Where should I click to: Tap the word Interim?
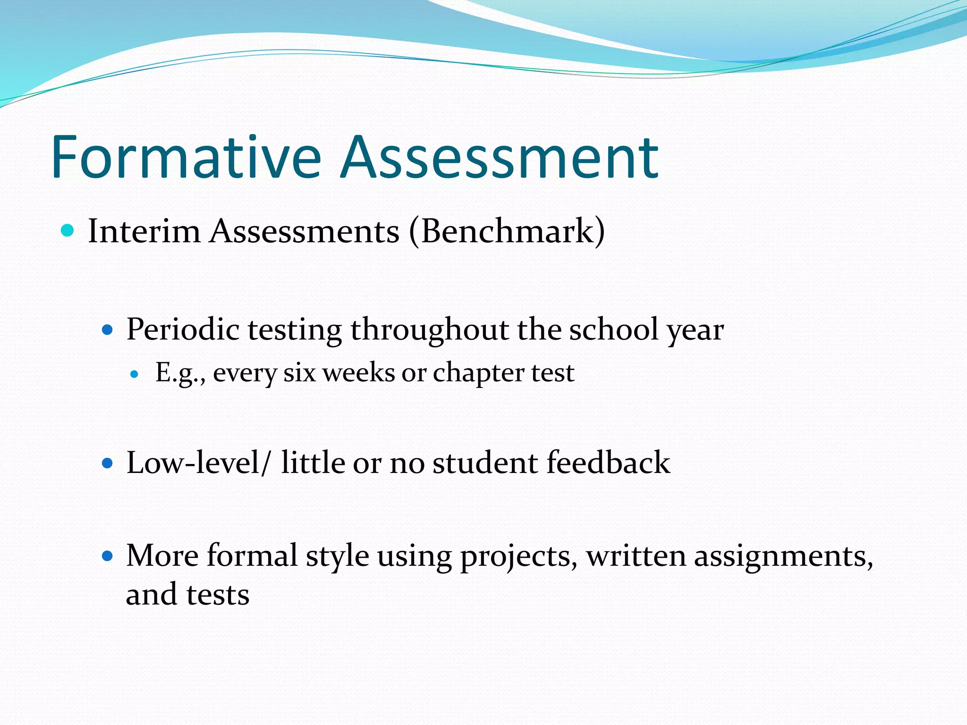point(144,231)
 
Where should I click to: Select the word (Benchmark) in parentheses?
point(507,231)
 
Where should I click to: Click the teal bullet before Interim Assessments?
point(68,230)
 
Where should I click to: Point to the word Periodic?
point(183,329)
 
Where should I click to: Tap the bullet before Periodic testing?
point(108,329)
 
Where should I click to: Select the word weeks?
point(358,372)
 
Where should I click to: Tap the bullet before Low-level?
point(108,463)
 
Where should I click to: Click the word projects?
point(518,556)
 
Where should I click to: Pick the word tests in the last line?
point(218,594)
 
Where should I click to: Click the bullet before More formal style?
point(108,556)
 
